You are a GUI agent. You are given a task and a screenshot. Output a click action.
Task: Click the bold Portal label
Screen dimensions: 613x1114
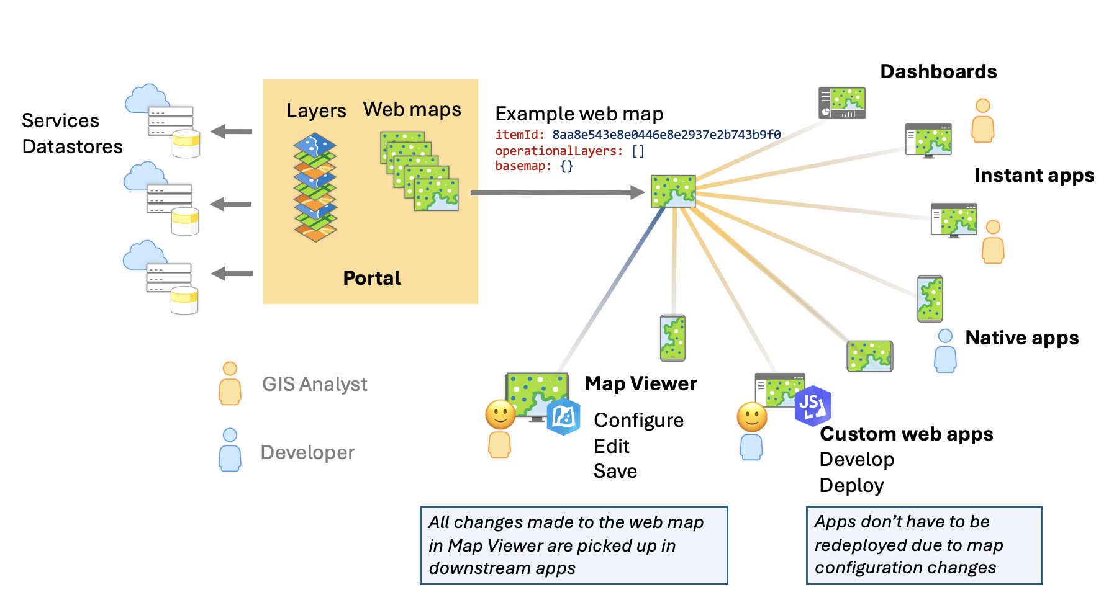pyautogui.click(x=371, y=278)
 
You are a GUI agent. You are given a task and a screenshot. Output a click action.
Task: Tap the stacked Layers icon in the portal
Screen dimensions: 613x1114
pyautogui.click(x=315, y=187)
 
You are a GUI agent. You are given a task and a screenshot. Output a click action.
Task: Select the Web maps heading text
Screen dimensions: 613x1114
pyautogui.click(x=412, y=110)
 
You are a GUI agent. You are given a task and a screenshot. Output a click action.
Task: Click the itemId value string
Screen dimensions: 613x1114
pyautogui.click(x=666, y=135)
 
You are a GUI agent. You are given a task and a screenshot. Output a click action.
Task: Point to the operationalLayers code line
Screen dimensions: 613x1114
pyautogui.click(x=569, y=151)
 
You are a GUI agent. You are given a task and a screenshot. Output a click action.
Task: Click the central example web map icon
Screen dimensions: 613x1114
pyautogui.click(x=673, y=191)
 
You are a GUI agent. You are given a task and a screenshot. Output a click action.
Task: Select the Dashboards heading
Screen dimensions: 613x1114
pyautogui.click(x=938, y=72)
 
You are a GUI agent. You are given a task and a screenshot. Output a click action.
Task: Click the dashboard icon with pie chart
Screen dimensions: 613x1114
pyautogui.click(x=841, y=103)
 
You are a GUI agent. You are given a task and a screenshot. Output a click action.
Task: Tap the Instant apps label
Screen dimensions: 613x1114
pyautogui.click(x=1034, y=176)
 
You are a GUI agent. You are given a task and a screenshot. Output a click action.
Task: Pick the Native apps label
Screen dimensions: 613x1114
pyautogui.click(x=1021, y=338)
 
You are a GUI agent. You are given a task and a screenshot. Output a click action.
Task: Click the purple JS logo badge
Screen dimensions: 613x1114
pyautogui.click(x=812, y=406)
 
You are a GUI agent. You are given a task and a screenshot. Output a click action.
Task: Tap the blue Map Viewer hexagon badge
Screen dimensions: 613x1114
pyautogui.click(x=563, y=417)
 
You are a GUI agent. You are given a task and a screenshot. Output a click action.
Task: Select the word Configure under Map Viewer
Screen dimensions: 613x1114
pyautogui.click(x=638, y=421)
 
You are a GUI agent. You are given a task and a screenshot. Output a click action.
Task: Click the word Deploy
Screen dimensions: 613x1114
pyautogui.click(x=851, y=486)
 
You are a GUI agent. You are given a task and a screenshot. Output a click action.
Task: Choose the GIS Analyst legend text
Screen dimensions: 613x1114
pyautogui.click(x=314, y=385)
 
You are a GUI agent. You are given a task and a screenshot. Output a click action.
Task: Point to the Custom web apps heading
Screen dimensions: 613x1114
pyautogui.click(x=906, y=434)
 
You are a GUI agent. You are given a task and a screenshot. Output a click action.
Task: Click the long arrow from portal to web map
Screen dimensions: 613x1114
pyautogui.click(x=557, y=193)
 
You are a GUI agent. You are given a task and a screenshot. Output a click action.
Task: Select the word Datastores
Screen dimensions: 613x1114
pyautogui.click(x=72, y=147)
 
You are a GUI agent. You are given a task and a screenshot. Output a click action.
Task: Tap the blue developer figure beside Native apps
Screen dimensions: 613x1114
pyautogui.click(x=945, y=351)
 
